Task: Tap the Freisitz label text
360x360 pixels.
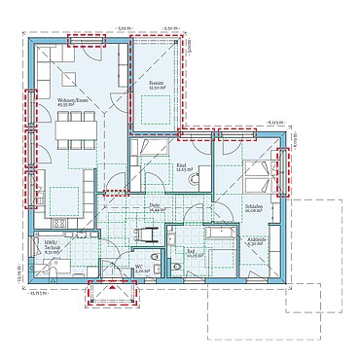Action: (157, 87)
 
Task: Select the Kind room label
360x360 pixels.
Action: (181, 167)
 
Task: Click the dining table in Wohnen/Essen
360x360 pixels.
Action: (75, 124)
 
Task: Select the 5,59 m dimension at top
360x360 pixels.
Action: (121, 29)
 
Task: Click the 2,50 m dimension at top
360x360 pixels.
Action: (171, 29)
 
